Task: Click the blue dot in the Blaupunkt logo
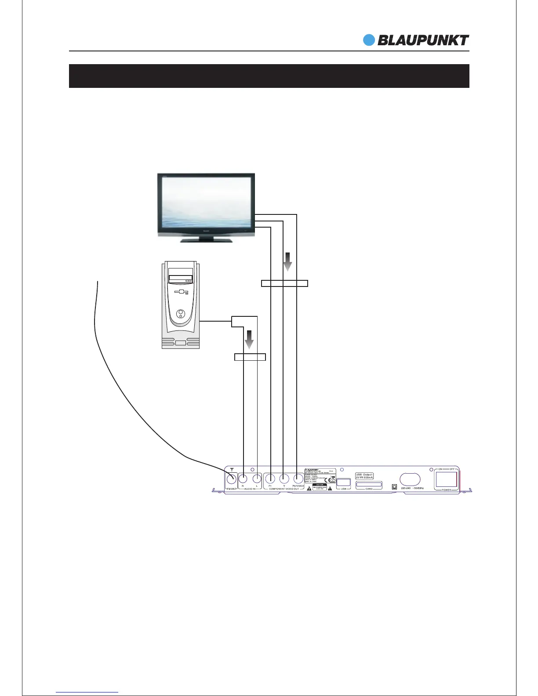369,40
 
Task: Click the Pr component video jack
271,478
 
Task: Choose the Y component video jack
284,478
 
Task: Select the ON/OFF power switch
446,479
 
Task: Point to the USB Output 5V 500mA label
364,476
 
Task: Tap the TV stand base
207,240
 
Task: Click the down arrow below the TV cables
287,262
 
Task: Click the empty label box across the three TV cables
284,283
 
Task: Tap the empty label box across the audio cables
250,357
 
